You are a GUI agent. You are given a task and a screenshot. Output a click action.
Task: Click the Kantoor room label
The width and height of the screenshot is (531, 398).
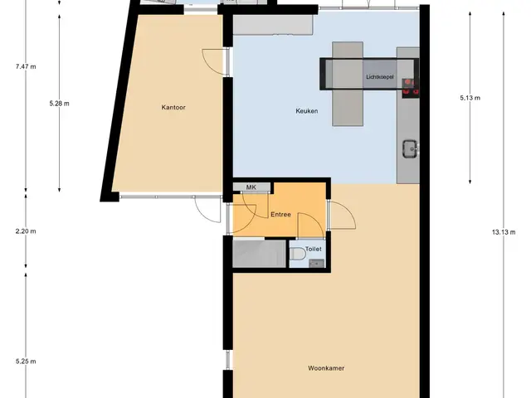coord(173,107)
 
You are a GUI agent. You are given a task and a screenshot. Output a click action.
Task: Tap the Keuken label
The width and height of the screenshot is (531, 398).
coord(307,110)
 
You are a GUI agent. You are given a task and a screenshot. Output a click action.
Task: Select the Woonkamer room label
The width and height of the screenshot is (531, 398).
coord(326,368)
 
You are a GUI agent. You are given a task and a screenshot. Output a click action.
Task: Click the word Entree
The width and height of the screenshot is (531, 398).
coord(280,214)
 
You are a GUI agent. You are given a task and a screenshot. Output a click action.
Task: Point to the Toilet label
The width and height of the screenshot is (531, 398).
coord(314,249)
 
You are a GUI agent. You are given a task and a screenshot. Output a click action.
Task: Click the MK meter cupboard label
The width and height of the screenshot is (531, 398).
coord(251,187)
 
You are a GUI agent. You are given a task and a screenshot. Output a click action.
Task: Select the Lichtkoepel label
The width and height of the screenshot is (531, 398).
coord(380,77)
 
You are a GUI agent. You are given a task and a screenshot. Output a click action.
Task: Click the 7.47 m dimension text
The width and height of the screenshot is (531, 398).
coord(26,66)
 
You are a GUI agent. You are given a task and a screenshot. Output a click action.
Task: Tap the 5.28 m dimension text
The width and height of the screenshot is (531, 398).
coord(59,104)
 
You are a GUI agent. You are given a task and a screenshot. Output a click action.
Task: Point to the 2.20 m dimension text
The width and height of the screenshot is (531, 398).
coord(26,231)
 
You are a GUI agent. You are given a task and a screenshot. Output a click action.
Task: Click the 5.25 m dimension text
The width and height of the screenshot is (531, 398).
coord(26,362)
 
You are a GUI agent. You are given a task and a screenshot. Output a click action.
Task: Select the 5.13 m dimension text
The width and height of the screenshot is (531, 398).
coord(470,98)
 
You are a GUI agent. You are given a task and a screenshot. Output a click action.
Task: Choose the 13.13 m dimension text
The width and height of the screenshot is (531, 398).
coord(504,232)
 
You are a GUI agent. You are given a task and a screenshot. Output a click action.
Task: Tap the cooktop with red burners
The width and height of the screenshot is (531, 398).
coord(411,88)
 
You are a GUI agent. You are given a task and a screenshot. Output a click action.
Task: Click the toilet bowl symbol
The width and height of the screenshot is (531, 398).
coord(297,253)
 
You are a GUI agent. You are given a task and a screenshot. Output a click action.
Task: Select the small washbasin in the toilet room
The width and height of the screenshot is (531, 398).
coord(317,264)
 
